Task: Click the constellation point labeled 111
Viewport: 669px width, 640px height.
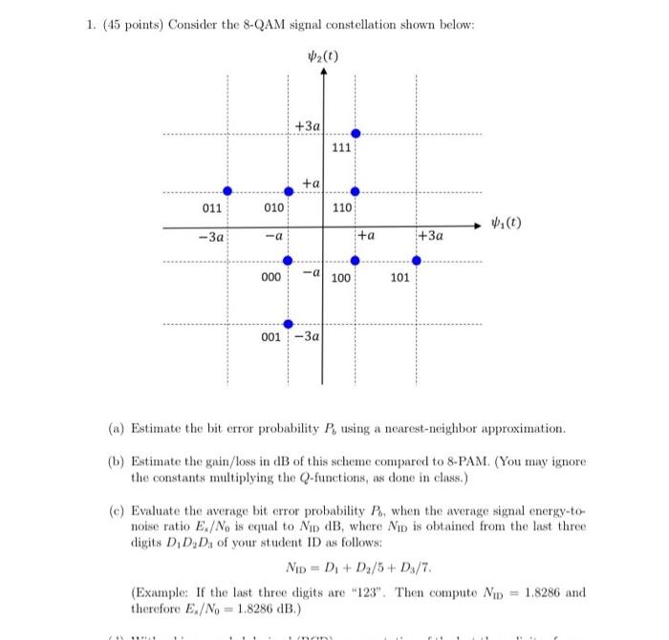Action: pyautogui.click(x=356, y=134)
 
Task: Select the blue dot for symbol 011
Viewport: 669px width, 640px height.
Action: pyautogui.click(x=227, y=192)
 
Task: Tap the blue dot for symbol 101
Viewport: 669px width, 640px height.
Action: pyautogui.click(x=416, y=260)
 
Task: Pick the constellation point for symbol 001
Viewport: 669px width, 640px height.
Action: pyautogui.click(x=288, y=322)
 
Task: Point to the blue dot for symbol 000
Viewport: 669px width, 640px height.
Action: pyautogui.click(x=288, y=260)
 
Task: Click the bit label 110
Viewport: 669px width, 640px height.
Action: pyautogui.click(x=342, y=207)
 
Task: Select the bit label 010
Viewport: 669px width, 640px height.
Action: pyautogui.click(x=274, y=207)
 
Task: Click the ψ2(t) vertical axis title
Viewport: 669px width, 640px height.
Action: pyautogui.click(x=322, y=54)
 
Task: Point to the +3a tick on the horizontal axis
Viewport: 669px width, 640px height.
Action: pyautogui.click(x=431, y=235)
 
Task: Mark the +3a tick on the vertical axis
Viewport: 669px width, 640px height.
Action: pyautogui.click(x=307, y=126)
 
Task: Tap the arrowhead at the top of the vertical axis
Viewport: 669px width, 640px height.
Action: pyautogui.click(x=322, y=75)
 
